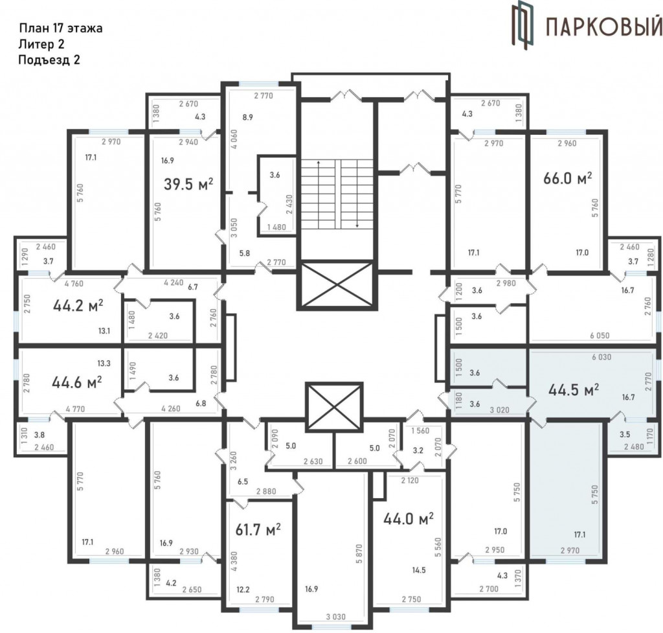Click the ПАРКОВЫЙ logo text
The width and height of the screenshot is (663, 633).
coord(604,27)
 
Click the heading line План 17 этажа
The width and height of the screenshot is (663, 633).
coord(61,29)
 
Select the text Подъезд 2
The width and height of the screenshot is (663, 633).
coord(49,60)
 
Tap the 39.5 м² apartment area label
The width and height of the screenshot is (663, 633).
coord(188,185)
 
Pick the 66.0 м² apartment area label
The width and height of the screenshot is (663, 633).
coord(567,178)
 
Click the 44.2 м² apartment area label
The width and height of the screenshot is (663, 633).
coord(78,305)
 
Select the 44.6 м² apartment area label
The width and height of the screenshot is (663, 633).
coord(77,383)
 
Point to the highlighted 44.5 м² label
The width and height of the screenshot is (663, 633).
coord(574,389)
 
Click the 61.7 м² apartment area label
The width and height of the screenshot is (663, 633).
coord(258,529)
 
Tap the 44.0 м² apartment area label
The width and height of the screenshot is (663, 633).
coord(409,518)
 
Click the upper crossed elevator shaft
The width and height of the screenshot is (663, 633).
coord(337,285)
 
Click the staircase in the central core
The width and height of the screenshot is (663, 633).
coord(337,194)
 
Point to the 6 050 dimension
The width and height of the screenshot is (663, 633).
coord(600,336)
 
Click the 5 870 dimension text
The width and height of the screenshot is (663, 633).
coord(359,553)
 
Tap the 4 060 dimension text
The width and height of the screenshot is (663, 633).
coord(234,139)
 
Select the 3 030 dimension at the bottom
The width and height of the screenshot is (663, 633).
coord(335,617)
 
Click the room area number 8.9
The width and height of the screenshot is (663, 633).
coord(248,117)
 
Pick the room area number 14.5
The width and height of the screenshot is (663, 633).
coord(419,570)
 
